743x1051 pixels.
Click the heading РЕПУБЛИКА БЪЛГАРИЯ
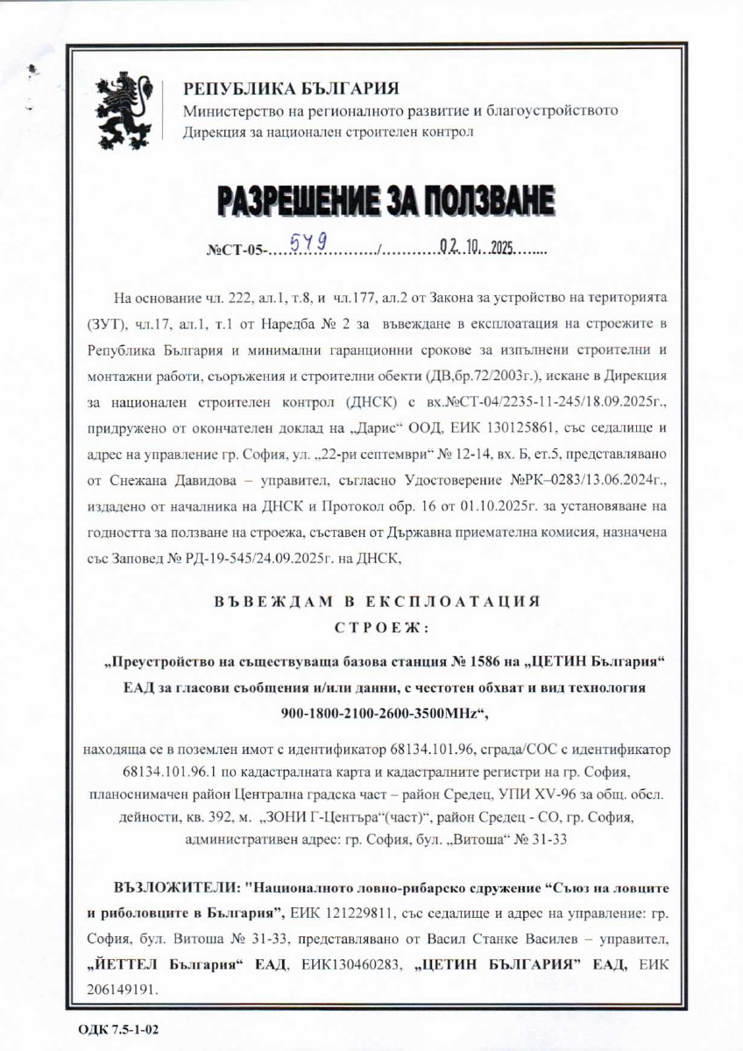coord(290,89)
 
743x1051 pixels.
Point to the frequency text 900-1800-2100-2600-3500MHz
coord(382,713)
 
